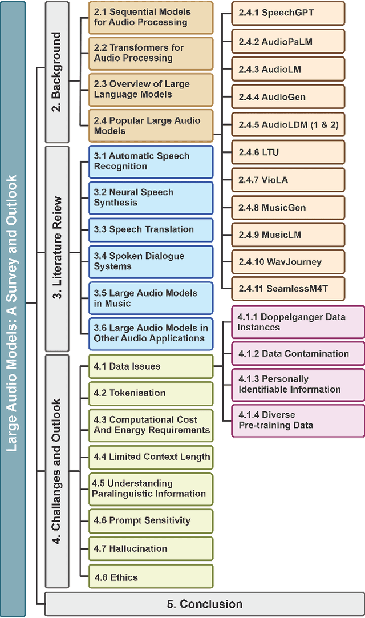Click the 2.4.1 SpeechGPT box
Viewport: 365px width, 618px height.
289,13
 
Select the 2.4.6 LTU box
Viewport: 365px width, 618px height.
289,152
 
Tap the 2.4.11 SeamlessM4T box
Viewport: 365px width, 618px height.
289,289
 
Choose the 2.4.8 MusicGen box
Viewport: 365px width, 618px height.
289,208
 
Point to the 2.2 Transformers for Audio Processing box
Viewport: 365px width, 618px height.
151,53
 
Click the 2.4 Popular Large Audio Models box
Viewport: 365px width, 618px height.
151,126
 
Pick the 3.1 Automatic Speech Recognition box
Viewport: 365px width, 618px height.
151,161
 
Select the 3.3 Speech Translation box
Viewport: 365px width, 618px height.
151,230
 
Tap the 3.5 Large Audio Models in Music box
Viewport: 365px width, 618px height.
151,298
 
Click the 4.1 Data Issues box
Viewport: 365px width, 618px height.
151,366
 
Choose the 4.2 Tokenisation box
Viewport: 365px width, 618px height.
151,393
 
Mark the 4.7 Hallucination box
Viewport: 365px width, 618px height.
151,548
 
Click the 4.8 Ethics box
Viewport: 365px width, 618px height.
151,577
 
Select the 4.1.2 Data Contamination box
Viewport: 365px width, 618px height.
298,354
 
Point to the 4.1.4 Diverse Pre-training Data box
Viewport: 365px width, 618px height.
298,420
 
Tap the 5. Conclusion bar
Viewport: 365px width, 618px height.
204,604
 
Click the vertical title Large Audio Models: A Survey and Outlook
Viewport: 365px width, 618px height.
13,308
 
